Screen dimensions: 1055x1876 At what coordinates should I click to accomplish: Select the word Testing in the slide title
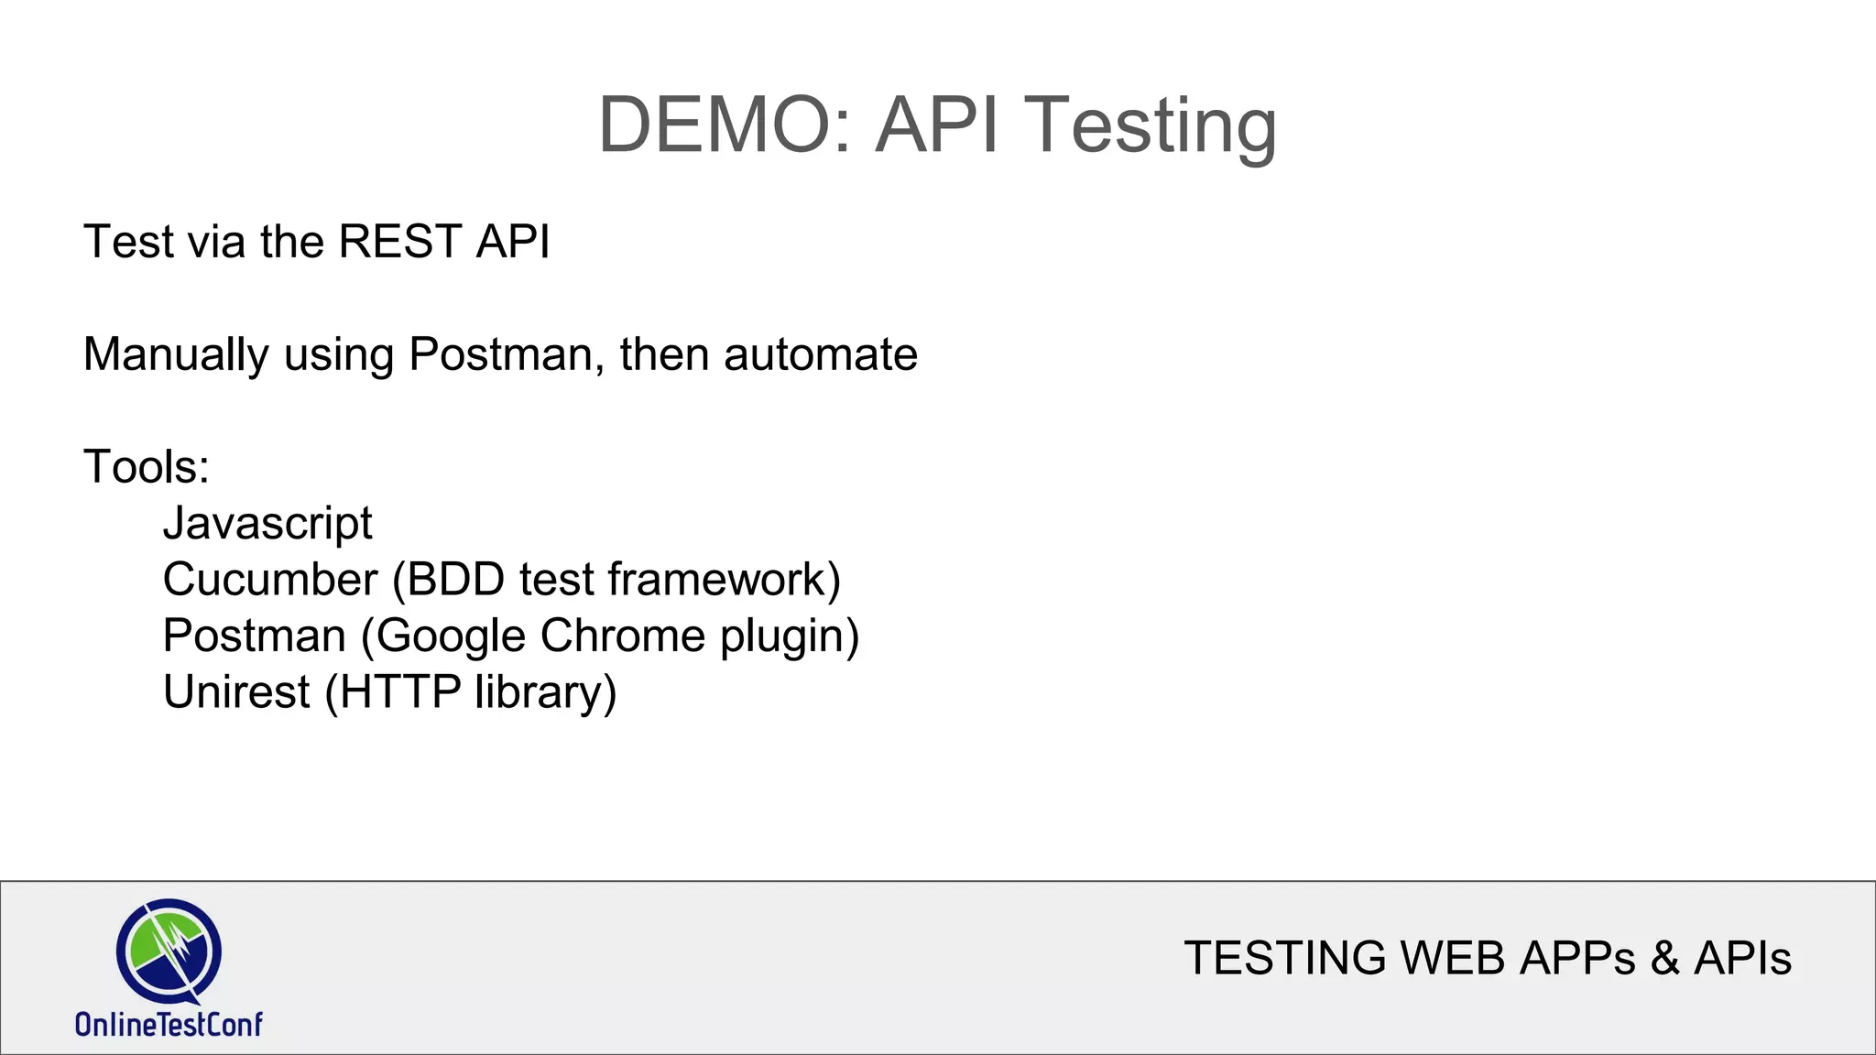pos(1149,125)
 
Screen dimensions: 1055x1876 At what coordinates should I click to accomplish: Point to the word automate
pos(820,354)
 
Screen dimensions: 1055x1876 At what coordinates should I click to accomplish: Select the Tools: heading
pos(147,467)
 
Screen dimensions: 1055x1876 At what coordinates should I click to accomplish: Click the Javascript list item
pos(267,524)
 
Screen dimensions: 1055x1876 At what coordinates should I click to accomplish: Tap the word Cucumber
pos(270,580)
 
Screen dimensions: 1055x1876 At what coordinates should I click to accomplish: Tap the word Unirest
pos(236,692)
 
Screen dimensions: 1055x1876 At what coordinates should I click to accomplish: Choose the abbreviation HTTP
pos(400,692)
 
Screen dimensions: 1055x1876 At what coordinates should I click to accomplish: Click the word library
pos(541,692)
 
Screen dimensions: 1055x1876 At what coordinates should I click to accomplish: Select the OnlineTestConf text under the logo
pos(169,1024)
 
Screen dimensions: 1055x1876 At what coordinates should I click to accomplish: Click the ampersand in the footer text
pos(1664,959)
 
